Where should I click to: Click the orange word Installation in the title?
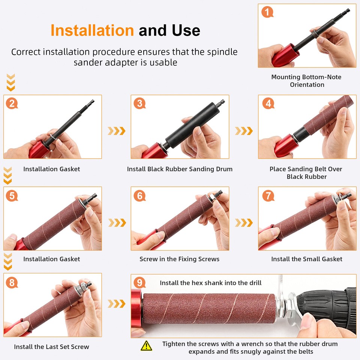92,30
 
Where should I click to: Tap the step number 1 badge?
267,12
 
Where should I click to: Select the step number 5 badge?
12,195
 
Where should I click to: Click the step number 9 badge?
139,282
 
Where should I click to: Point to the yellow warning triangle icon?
146,345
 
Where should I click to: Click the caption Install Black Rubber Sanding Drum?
180,169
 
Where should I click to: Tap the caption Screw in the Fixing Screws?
179,259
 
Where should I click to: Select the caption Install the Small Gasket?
307,259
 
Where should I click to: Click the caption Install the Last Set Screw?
52,347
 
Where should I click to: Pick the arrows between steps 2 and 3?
116,131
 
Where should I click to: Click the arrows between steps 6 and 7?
244,222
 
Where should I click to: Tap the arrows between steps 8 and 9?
116,303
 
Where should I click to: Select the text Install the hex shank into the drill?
211,283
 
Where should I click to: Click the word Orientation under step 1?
307,85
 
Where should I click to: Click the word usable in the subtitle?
163,62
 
